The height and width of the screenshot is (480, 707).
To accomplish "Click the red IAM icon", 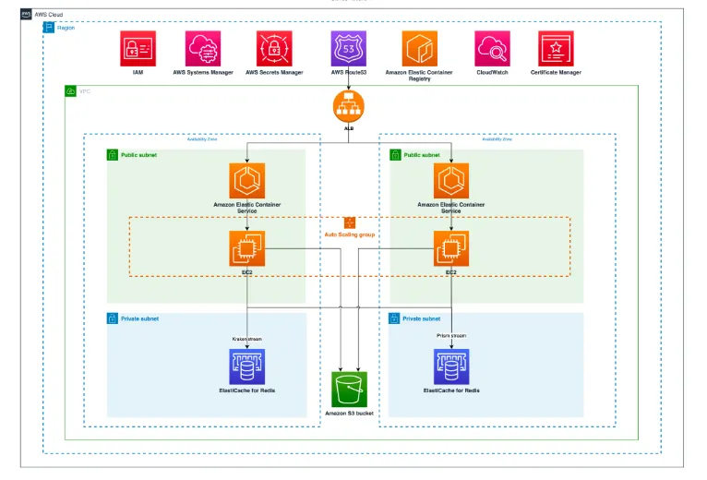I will point(138,48).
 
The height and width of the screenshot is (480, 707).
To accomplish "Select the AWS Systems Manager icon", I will point(202,48).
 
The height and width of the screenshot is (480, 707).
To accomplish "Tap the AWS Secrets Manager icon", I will point(274,48).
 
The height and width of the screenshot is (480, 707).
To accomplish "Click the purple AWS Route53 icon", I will point(349,48).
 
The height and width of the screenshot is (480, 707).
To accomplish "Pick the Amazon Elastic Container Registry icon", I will point(419,48).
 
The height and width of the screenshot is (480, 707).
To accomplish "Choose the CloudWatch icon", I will point(493,48).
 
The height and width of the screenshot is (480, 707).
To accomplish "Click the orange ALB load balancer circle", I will point(349,107).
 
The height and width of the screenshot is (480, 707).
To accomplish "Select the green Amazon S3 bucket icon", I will point(349,390).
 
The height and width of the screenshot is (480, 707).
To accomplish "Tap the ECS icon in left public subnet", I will point(247,181).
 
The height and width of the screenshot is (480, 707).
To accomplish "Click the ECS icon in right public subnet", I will point(451,181).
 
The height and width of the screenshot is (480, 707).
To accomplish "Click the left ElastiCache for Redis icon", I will point(247,366).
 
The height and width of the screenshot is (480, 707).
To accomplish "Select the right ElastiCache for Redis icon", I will point(451,366).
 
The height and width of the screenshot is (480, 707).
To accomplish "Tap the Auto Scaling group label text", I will point(350,235).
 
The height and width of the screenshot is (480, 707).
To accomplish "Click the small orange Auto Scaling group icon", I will point(350,222).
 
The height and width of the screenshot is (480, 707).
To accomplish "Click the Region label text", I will point(66,28).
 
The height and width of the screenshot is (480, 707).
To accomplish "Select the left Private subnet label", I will point(139,318).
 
